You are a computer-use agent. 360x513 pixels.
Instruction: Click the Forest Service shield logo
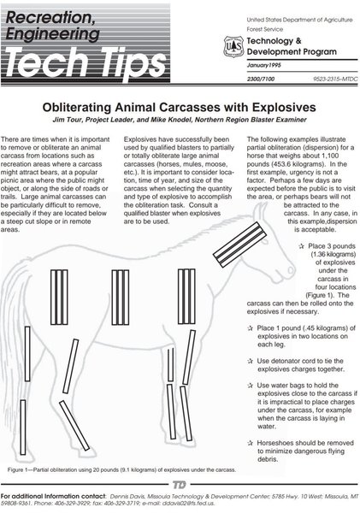pyautogui.click(x=233, y=46)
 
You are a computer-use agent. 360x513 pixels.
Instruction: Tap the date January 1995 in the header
pyautogui.click(x=263, y=65)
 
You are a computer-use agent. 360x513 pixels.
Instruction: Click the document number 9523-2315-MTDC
pyautogui.click(x=335, y=79)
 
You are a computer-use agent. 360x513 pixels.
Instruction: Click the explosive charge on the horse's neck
pyautogui.click(x=239, y=245)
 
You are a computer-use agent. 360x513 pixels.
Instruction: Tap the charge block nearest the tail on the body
pyautogui.click(x=59, y=297)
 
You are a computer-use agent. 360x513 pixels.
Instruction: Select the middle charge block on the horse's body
pyautogui.click(x=121, y=298)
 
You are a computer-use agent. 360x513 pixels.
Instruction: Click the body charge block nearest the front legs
pyautogui.click(x=186, y=297)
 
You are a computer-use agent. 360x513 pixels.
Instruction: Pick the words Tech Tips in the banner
pyautogui.click(x=86, y=62)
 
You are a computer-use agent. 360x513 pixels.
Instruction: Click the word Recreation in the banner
pyautogui.click(x=50, y=17)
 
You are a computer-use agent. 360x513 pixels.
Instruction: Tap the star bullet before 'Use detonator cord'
pyautogui.click(x=251, y=361)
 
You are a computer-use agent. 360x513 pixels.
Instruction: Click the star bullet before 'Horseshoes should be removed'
pyautogui.click(x=251, y=443)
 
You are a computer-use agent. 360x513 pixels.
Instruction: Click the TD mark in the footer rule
pyautogui.click(x=179, y=485)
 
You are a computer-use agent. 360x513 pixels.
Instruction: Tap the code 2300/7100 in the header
pyautogui.click(x=261, y=79)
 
